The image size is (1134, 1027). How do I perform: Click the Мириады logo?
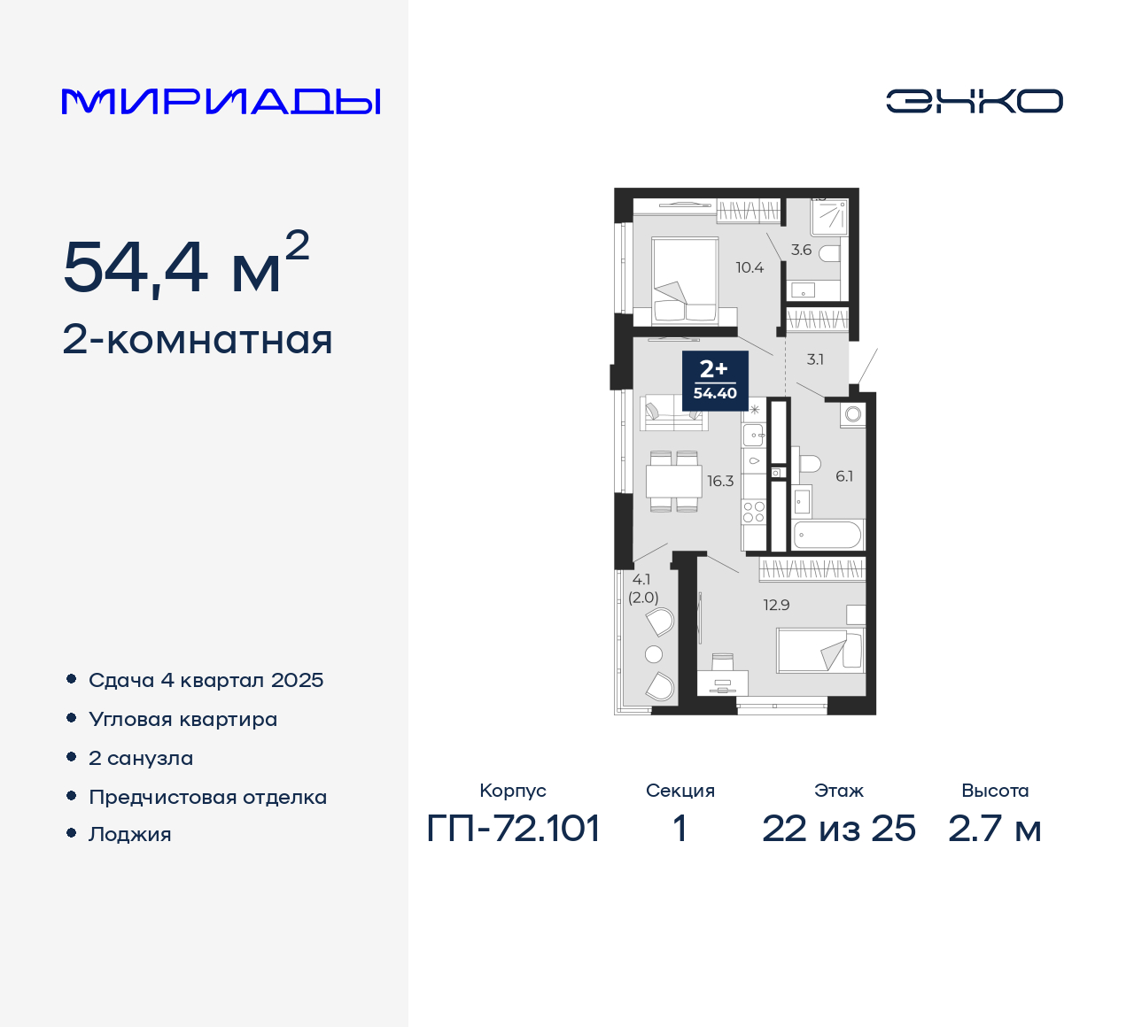pos(221,102)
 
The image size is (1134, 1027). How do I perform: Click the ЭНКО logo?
pos(974,101)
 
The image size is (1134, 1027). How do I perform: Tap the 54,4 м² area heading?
pos(186,265)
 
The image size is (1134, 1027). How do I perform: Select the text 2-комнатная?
pos(198,340)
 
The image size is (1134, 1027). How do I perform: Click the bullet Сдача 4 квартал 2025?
pos(206,680)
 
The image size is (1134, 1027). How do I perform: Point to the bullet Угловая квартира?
pos(183,719)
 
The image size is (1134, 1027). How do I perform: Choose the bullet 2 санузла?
pos(141,758)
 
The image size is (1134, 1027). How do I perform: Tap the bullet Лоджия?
pos(129,834)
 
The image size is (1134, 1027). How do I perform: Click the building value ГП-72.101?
pos(513,829)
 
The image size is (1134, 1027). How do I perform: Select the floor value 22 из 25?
pos(838,829)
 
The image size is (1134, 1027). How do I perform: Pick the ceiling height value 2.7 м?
pos(994,829)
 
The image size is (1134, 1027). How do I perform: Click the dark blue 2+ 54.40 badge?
pos(715,380)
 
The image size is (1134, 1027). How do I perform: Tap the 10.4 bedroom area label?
pos(749,267)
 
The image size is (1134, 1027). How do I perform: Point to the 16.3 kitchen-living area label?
pos(719,482)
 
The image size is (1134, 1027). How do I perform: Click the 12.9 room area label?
pos(776,606)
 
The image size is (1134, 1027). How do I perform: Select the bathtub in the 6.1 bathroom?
pos(827,535)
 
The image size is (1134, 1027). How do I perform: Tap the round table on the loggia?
pos(654,654)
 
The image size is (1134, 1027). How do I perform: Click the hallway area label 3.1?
pos(815,359)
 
